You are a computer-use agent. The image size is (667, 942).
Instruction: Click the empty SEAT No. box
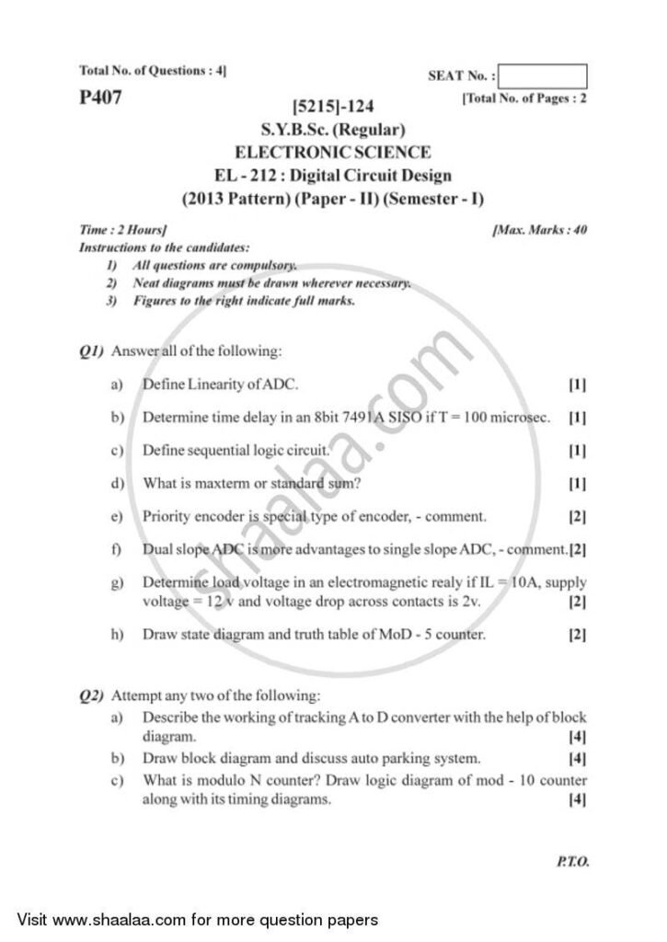545,76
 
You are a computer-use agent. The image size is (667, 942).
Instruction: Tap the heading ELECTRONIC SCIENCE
332,152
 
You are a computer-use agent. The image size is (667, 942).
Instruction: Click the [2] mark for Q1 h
578,635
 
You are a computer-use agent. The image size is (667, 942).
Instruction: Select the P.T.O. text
572,862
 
